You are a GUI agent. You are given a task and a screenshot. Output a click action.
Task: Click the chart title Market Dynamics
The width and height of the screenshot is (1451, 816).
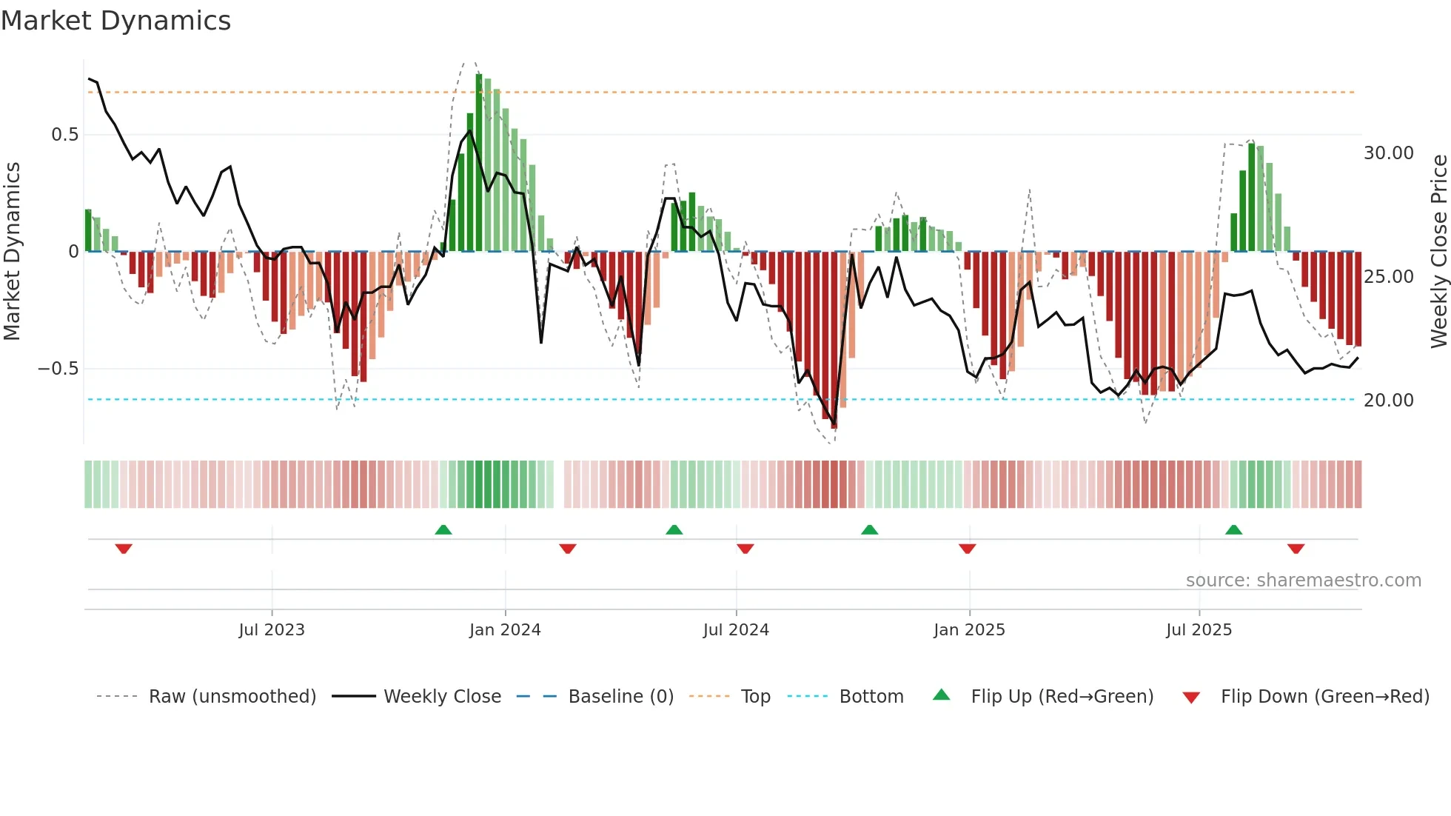pyautogui.click(x=115, y=21)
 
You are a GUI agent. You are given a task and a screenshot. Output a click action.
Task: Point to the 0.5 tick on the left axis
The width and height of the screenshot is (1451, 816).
pyautogui.click(x=64, y=135)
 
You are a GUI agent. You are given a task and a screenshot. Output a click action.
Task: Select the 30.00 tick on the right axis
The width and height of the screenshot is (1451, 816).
pyautogui.click(x=1388, y=153)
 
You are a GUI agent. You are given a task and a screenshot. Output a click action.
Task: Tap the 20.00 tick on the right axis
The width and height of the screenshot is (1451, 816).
pyautogui.click(x=1388, y=401)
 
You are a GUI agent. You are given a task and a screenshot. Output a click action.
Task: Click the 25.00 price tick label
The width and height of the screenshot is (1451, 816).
pyautogui.click(x=1388, y=277)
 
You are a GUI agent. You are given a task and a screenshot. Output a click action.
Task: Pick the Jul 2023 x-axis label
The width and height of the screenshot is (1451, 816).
pyautogui.click(x=271, y=630)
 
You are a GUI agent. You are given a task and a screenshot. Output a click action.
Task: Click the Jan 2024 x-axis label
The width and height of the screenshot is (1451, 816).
pyautogui.click(x=505, y=630)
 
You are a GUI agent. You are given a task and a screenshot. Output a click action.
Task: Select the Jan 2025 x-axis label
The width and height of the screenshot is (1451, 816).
pyautogui.click(x=969, y=630)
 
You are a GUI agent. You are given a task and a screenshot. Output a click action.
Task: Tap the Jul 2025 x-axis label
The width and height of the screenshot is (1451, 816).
pyautogui.click(x=1199, y=630)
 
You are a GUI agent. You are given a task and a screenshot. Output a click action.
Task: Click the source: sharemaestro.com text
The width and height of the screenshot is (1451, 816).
pyautogui.click(x=1303, y=581)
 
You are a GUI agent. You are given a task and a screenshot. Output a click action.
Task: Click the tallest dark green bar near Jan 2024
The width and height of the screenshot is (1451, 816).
pyautogui.click(x=479, y=163)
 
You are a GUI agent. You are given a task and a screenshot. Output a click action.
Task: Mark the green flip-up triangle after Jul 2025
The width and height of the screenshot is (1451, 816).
pyautogui.click(x=1233, y=530)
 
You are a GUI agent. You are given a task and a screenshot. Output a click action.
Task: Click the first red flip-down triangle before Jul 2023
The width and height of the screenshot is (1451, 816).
pyautogui.click(x=124, y=549)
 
